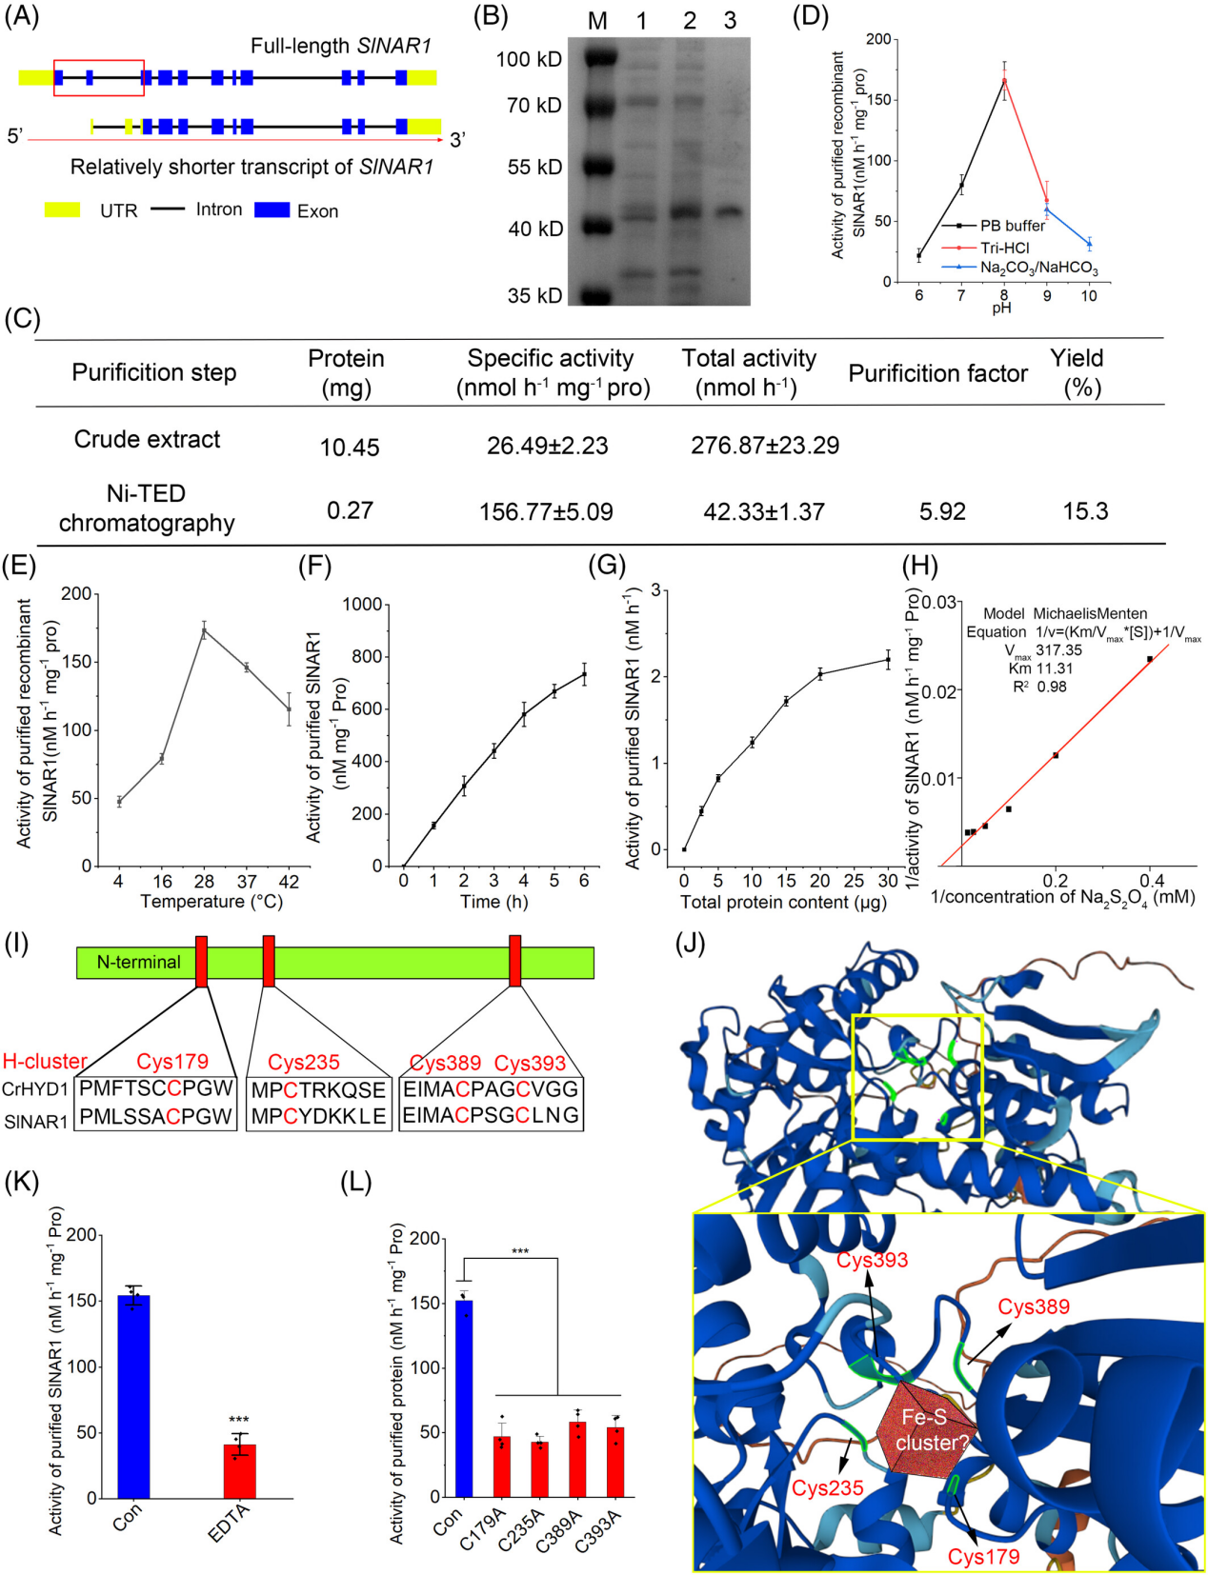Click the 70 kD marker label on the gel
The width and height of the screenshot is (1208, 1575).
[x=534, y=105]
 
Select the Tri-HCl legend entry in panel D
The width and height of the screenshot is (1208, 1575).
[x=1004, y=248]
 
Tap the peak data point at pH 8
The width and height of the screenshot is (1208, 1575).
[x=1004, y=81]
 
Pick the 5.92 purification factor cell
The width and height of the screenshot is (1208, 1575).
[x=942, y=511]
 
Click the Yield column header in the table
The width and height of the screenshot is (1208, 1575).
[x=1077, y=371]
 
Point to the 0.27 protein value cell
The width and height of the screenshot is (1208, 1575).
[x=350, y=510]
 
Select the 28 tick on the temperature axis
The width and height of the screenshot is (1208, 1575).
[x=204, y=882]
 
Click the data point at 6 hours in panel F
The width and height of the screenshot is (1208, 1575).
[x=584, y=674]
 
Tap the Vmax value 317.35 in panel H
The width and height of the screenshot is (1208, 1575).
[x=1058, y=650]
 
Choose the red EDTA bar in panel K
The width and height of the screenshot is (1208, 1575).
[x=240, y=1470]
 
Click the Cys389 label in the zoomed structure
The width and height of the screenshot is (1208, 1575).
[x=1034, y=1306]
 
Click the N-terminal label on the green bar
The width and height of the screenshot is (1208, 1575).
[x=138, y=963]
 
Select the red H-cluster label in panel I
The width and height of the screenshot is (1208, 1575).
[x=45, y=1062]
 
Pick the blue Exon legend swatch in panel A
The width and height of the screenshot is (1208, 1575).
[x=272, y=209]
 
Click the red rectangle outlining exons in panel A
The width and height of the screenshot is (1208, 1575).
[x=99, y=78]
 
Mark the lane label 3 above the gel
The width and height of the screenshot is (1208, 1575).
[x=730, y=21]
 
